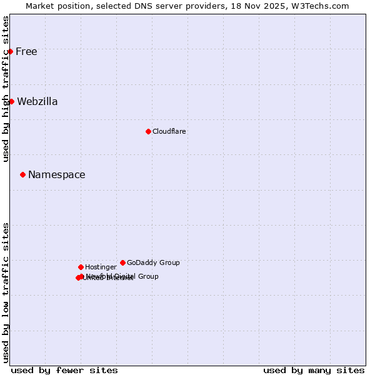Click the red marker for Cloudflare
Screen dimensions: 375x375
point(148,131)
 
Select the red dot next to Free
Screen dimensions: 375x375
point(11,51)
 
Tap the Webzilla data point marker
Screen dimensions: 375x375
point(11,101)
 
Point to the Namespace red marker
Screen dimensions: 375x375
point(22,174)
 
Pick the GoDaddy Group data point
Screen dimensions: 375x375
point(122,262)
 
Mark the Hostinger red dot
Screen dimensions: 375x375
point(81,267)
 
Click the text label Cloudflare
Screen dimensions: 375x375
point(169,131)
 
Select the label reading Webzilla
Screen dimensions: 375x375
point(37,101)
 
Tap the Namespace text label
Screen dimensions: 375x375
point(57,174)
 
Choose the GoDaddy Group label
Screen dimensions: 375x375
point(153,262)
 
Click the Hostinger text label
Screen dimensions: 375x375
point(101,267)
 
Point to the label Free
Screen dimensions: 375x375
point(26,51)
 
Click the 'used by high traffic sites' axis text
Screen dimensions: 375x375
point(6,89)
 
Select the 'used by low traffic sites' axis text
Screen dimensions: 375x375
point(6,292)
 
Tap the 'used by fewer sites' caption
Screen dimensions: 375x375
point(64,370)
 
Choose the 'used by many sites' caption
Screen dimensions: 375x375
point(314,370)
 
